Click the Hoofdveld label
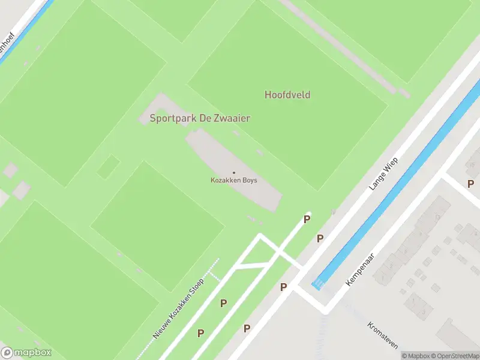point(287,95)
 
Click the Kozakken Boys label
point(233,180)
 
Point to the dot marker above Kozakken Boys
point(234,173)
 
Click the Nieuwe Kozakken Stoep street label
point(179,309)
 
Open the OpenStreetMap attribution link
point(453,356)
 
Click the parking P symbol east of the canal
point(470,184)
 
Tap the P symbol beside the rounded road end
point(307,220)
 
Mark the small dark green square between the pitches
point(108,166)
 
